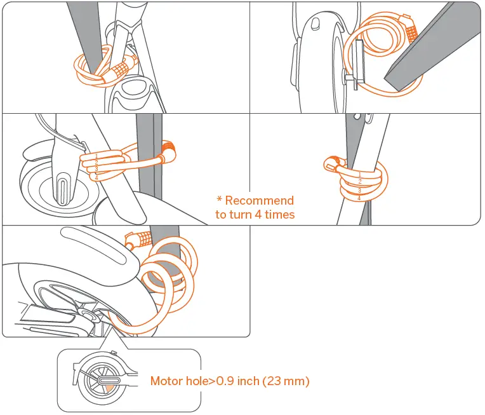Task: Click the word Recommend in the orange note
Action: [x=260, y=201]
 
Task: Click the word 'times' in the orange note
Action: [x=279, y=215]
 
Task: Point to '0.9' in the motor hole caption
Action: [x=224, y=381]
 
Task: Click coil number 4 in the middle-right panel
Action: [x=359, y=198]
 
